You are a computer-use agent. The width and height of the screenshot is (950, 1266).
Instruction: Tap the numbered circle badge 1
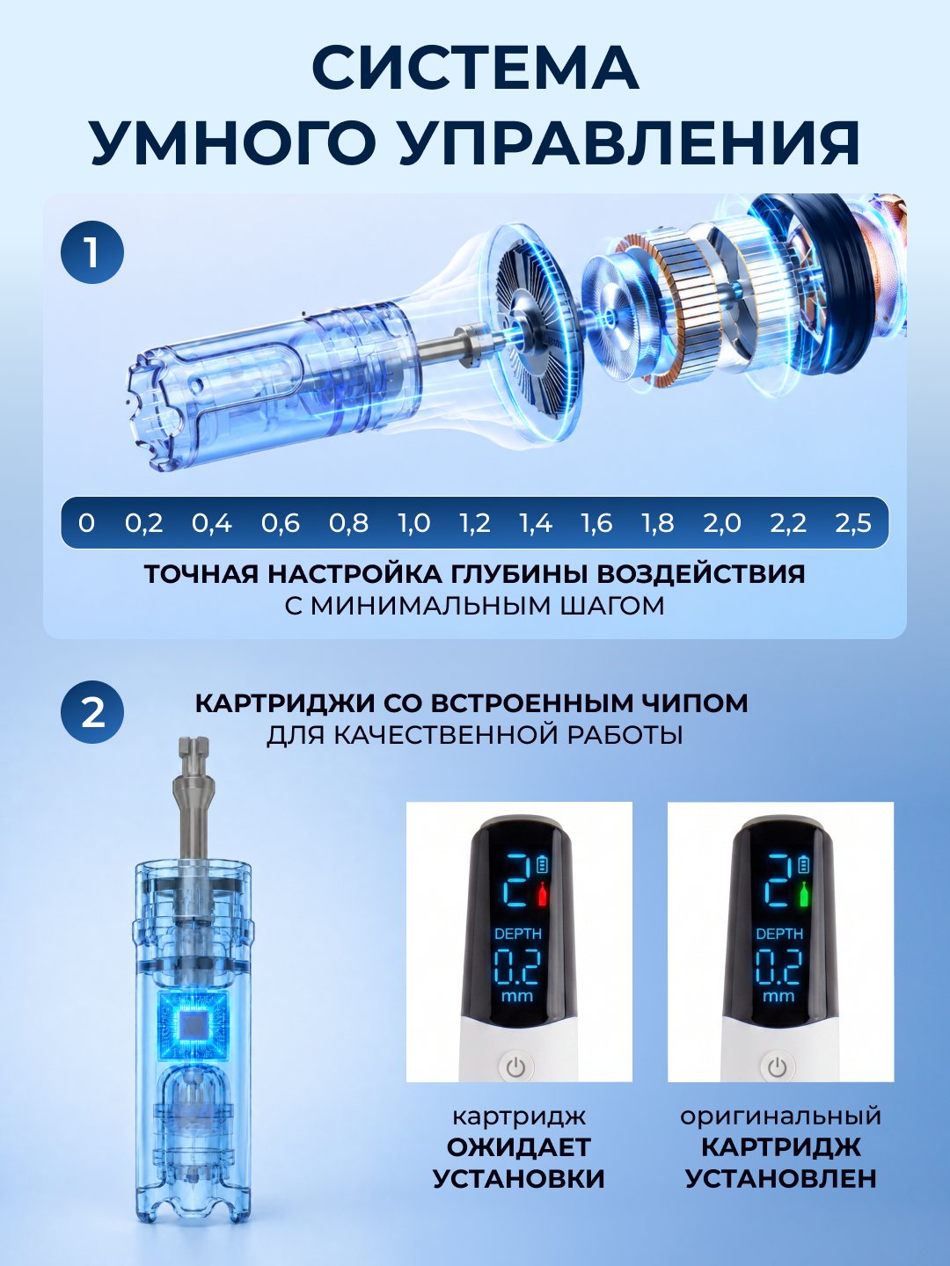tap(92, 252)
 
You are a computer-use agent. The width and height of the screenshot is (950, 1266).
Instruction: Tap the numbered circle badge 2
tap(92, 713)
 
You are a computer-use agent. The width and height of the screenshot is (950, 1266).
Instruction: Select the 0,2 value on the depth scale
tap(144, 523)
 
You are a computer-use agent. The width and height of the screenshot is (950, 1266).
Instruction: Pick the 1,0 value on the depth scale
tap(414, 523)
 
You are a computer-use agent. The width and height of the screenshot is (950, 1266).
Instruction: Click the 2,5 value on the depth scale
tap(853, 523)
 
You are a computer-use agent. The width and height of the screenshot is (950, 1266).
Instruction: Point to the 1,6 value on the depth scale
tap(596, 523)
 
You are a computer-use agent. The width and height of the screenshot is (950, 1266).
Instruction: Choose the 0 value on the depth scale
tap(86, 523)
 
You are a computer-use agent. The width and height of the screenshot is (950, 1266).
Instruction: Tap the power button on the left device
tap(515, 1067)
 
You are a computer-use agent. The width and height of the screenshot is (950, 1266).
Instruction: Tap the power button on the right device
tap(777, 1067)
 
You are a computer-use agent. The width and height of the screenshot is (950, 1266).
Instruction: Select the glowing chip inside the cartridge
tap(193, 1025)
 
